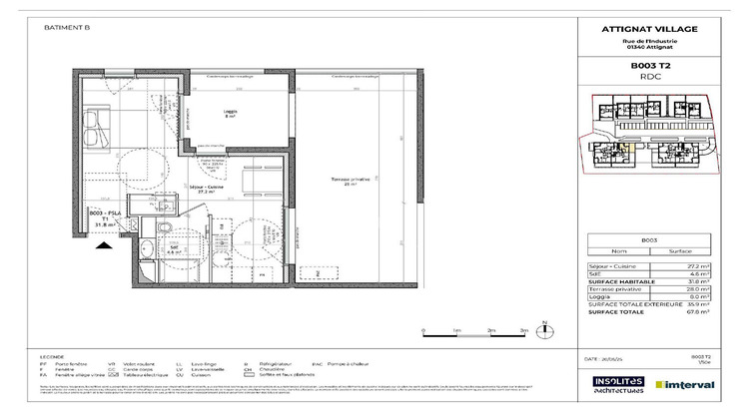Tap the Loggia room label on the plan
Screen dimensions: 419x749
click(x=229, y=113)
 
